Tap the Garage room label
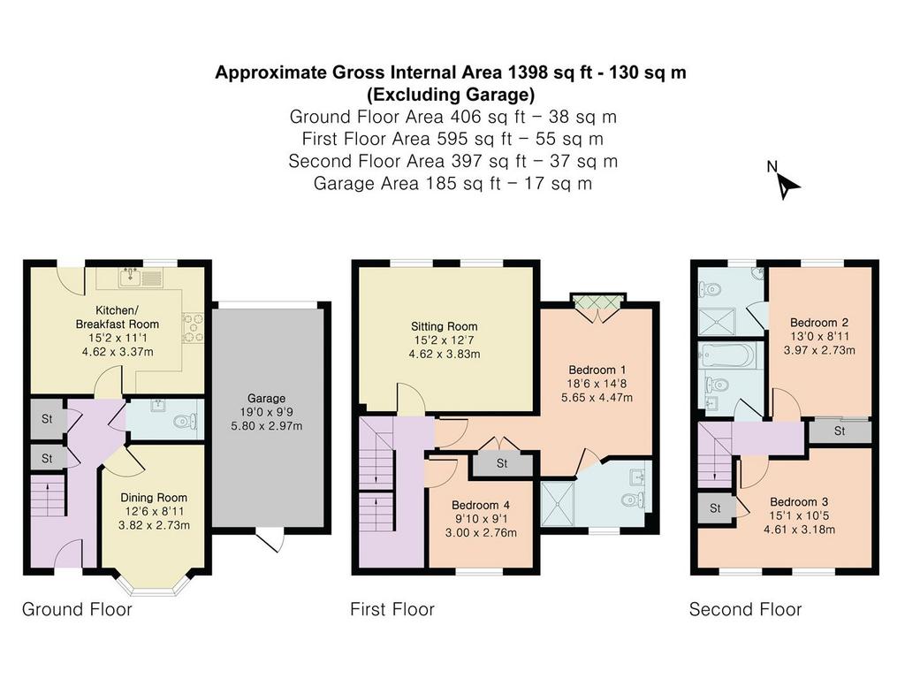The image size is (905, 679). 266,399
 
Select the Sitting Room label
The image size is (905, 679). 444,326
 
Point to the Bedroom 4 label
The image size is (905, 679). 481,505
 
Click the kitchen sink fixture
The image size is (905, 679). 141,278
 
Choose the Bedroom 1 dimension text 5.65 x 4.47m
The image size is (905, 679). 597,397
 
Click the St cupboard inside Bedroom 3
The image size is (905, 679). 715,508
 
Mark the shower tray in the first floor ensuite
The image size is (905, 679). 559,504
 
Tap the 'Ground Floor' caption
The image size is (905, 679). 77,609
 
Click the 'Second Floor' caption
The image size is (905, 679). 745,609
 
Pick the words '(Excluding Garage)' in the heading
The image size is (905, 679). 451,94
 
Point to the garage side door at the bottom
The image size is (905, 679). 270,540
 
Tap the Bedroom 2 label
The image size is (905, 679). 819,322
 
